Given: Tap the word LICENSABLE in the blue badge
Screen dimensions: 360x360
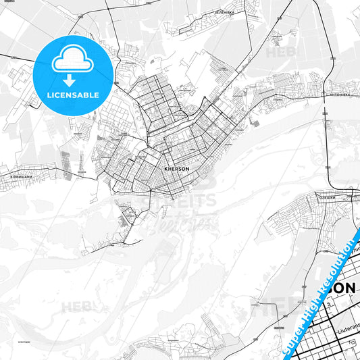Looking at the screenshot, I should coord(74,95).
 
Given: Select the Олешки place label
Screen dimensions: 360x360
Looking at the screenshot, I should coord(328,197).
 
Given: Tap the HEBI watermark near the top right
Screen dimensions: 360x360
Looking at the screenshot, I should coord(276,51).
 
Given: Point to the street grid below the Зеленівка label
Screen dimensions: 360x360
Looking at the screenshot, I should coord(203,27).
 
